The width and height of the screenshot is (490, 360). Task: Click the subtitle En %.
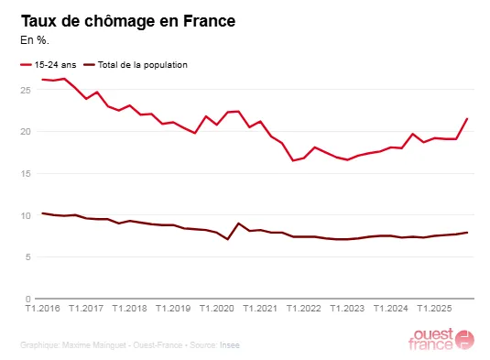(x=38, y=40)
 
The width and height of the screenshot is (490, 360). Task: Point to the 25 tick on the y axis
(x=26, y=90)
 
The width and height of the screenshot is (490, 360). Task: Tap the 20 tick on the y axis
(x=26, y=132)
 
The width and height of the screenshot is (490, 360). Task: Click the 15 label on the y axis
(x=26, y=173)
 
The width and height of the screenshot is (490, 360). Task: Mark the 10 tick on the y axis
(x=26, y=215)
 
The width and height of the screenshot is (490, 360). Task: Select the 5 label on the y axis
(x=28, y=257)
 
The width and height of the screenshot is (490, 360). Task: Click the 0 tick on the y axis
(x=28, y=299)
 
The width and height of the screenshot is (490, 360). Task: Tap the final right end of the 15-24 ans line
(x=468, y=118)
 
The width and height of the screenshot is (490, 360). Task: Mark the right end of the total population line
(x=468, y=233)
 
